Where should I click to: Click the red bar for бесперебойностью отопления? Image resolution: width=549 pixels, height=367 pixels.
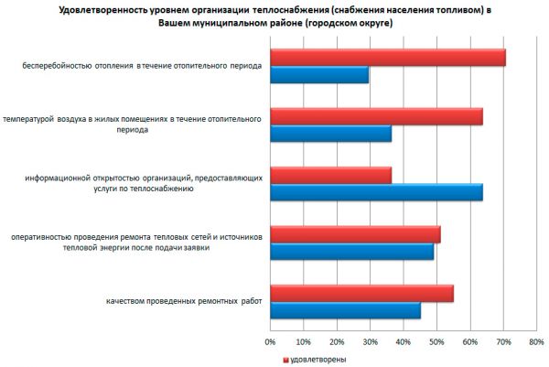(388, 58)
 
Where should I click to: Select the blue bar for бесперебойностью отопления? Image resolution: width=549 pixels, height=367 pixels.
(319, 74)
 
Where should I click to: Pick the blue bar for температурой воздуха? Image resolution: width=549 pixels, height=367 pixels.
(330, 134)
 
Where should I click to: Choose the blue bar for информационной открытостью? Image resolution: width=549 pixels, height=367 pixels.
(376, 192)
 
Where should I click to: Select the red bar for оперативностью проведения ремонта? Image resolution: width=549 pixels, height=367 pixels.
(355, 234)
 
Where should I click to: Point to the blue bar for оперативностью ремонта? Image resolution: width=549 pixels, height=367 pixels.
(351, 251)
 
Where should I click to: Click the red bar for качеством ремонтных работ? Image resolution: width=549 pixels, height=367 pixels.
(361, 293)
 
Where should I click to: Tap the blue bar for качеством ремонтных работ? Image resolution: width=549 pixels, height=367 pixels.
(345, 310)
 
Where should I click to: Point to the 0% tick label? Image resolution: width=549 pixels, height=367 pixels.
(270, 342)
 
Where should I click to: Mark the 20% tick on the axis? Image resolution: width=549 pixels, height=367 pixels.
(337, 342)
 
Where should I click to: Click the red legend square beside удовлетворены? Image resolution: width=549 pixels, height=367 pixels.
(285, 360)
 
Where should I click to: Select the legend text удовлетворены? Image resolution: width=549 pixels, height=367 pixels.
(318, 360)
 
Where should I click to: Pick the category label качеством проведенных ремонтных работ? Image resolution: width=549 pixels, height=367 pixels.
(184, 301)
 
